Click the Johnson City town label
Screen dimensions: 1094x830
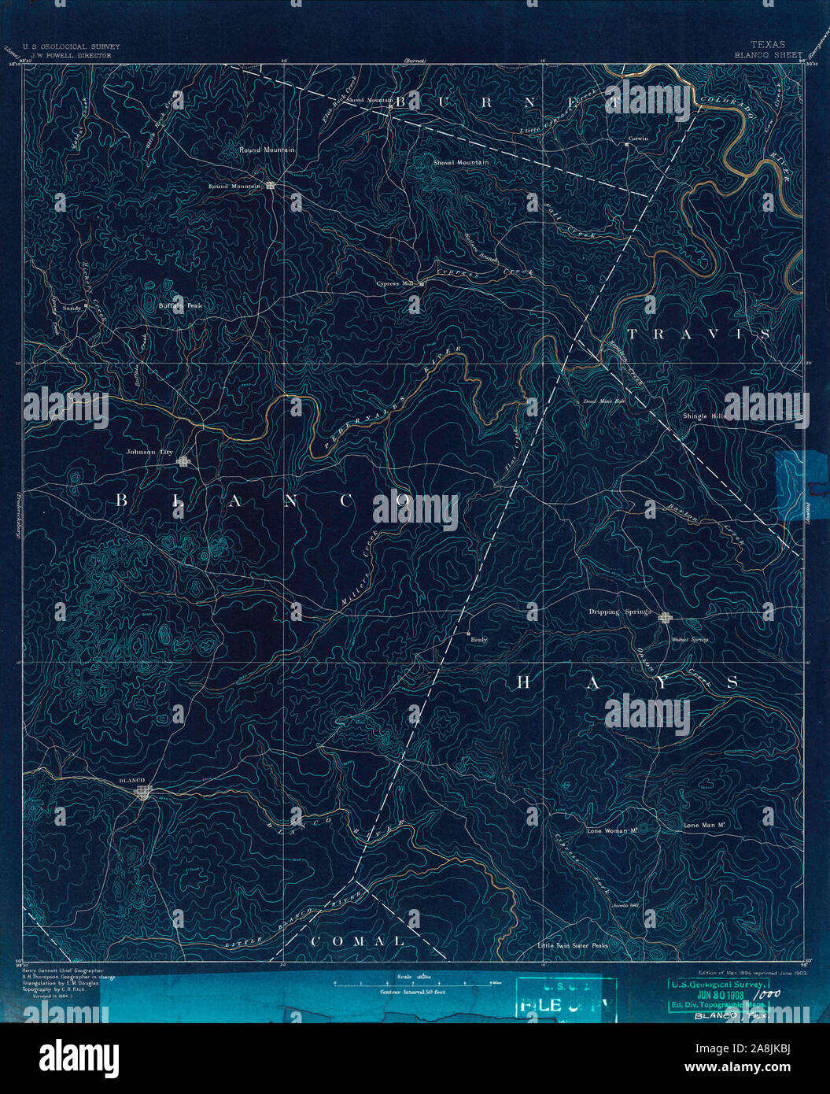point(149,453)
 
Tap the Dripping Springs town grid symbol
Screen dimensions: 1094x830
point(666,618)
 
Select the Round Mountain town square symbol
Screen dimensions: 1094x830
point(270,186)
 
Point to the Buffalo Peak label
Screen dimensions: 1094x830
point(181,305)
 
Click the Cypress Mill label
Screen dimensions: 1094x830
point(395,283)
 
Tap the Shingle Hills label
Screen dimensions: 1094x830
point(704,416)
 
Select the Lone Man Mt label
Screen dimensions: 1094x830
point(703,826)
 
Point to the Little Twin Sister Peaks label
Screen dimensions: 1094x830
point(573,945)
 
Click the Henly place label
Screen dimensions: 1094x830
point(478,640)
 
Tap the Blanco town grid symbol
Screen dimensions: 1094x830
point(142,793)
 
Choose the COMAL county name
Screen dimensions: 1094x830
point(357,941)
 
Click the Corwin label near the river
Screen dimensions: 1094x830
point(637,139)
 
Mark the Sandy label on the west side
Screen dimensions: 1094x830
point(72,309)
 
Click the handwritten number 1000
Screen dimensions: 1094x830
point(770,994)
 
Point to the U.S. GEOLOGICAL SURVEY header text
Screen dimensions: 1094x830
point(71,47)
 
